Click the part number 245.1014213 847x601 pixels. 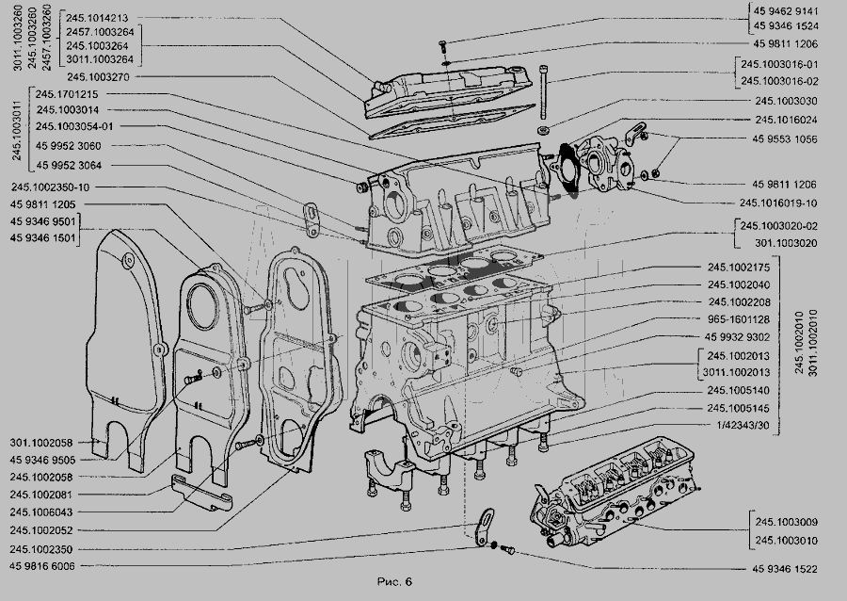(97, 18)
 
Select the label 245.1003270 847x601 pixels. (98, 76)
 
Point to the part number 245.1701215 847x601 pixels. (67, 94)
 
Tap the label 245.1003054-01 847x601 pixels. (74, 126)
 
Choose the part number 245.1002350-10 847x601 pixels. (50, 187)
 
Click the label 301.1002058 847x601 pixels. (41, 443)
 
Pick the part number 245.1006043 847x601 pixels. (41, 512)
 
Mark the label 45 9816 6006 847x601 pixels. (42, 566)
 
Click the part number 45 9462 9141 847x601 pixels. (786, 10)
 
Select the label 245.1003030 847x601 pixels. (787, 101)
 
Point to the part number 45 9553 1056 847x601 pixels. (785, 138)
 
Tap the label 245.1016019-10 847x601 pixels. (778, 203)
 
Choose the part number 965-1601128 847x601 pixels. (739, 319)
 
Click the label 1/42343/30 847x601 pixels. (743, 426)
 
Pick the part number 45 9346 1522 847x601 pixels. (785, 569)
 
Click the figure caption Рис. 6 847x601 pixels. (394, 581)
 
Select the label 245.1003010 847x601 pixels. (787, 541)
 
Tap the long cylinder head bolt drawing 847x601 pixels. (544, 92)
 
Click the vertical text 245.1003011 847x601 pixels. (17, 130)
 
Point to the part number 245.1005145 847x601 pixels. (739, 408)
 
